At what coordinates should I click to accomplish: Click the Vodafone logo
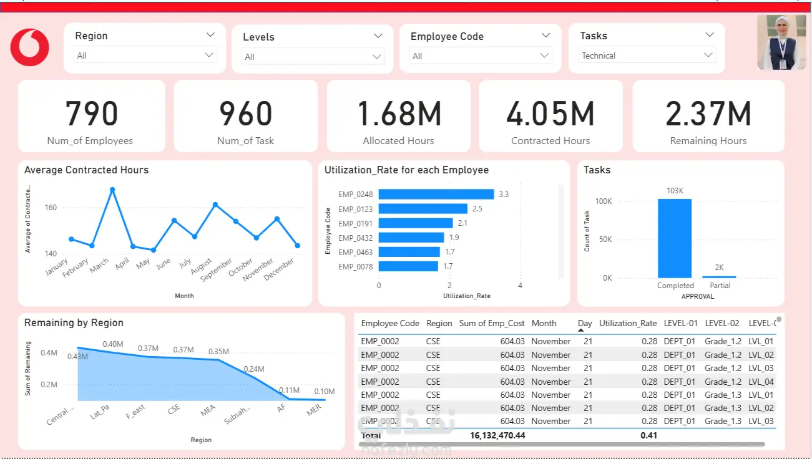30,47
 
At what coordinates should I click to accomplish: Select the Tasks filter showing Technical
647,56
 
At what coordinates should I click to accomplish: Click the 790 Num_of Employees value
92,114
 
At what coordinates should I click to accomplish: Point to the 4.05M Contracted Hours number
550,114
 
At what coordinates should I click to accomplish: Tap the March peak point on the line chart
112,190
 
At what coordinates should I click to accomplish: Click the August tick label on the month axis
202,268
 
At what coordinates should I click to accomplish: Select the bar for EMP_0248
436,195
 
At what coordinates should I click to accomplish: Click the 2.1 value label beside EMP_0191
462,223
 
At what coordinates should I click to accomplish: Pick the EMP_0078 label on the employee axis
356,267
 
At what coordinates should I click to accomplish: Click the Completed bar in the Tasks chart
675,238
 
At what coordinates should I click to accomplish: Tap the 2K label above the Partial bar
719,268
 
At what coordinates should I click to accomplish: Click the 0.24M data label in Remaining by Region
254,369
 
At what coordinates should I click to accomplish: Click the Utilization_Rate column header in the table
628,324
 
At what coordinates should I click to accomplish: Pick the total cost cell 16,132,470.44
497,435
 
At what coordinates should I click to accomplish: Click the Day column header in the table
585,324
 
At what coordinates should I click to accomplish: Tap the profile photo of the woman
781,42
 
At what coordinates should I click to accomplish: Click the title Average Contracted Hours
86,170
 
